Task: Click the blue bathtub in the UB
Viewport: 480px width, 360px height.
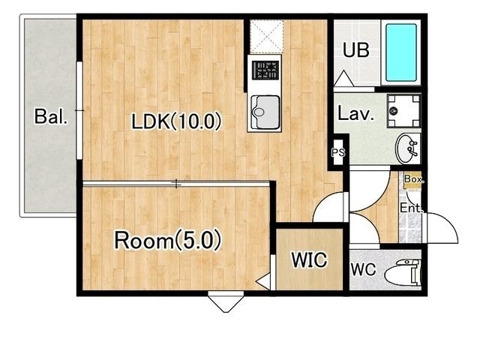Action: (401, 52)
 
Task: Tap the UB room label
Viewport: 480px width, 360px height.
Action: (356, 50)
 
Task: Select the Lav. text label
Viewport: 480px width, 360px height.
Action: (355, 113)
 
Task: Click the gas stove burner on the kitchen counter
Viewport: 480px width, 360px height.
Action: (265, 70)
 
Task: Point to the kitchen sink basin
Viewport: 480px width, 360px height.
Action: (265, 112)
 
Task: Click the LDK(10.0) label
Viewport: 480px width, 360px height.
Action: (176, 121)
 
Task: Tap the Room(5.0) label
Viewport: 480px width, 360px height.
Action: (167, 240)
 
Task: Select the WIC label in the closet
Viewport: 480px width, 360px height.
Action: (309, 260)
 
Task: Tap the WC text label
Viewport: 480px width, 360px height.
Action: (363, 270)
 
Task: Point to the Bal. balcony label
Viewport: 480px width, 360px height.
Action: (50, 117)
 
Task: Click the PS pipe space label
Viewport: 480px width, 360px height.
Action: (338, 152)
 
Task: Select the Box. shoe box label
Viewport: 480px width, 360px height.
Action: (414, 179)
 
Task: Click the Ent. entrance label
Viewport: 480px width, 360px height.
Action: (412, 208)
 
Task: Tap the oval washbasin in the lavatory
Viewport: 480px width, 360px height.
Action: (407, 148)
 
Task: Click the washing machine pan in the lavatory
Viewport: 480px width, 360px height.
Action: (403, 111)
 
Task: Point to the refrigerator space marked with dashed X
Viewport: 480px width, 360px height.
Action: (267, 37)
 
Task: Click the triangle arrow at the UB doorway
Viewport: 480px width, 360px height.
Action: (343, 78)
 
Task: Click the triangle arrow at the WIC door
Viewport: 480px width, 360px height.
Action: (264, 282)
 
